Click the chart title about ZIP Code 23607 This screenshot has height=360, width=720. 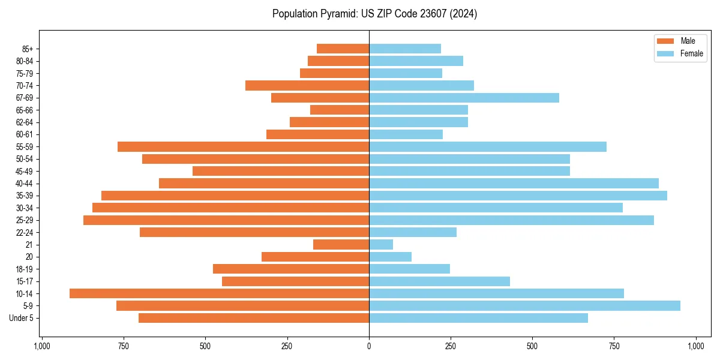tap(374, 14)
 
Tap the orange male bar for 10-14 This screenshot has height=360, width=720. tap(219, 293)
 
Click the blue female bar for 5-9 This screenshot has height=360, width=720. tap(524, 305)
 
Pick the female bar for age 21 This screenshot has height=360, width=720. tap(381, 244)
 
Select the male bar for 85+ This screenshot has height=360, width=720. tap(343, 49)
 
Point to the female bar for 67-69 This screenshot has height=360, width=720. tap(464, 98)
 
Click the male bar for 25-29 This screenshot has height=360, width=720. tap(226, 220)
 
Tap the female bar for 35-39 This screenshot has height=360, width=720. tap(518, 196)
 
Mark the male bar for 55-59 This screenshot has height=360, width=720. tap(243, 146)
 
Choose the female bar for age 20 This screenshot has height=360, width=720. tap(390, 257)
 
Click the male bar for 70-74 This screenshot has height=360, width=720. tap(307, 85)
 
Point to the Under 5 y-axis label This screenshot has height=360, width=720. tap(22, 318)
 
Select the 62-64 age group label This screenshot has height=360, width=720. tap(25, 122)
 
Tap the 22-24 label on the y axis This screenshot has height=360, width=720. tap(25, 233)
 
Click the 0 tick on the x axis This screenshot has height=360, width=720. tap(369, 346)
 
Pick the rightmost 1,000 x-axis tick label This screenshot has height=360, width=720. tap(696, 346)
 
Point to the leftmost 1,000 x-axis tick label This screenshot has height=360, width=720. tap(42, 346)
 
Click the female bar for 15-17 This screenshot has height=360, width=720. tap(439, 281)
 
